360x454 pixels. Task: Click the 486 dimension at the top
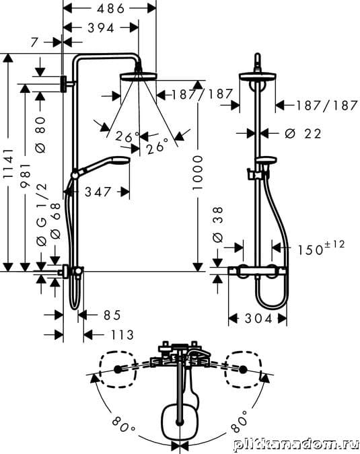pos(110,9)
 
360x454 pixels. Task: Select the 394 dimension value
pos(101,28)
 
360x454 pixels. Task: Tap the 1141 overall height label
pos(8,163)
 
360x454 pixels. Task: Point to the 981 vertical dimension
pos(25,176)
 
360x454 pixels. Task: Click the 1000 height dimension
pos(198,173)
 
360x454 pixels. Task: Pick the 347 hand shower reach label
pos(98,192)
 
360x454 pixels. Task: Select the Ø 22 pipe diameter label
pos(303,134)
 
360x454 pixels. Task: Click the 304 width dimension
pos(258,319)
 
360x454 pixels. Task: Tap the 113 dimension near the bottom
pos(122,335)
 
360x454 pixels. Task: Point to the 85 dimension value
pos(112,315)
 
